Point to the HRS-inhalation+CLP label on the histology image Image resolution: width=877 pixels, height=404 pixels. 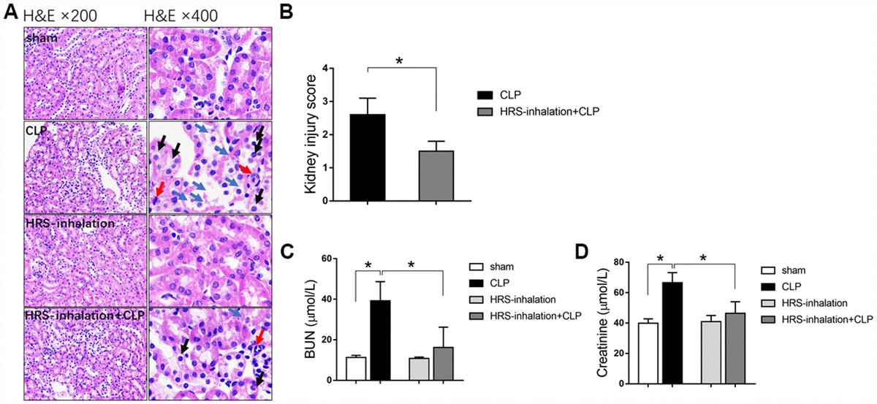[83, 315]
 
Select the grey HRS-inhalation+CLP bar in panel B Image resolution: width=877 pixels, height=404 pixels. [436, 175]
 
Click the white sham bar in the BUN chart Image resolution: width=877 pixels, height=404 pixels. [356, 369]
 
